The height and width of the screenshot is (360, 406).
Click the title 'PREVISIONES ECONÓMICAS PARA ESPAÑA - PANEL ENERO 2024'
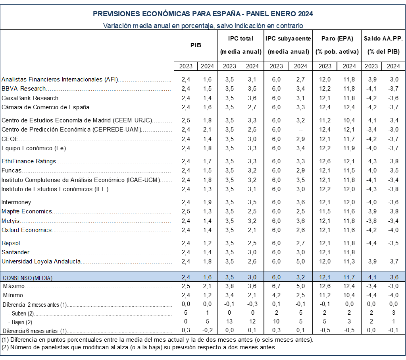coord(203,14)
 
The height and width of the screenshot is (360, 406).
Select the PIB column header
coord(196,45)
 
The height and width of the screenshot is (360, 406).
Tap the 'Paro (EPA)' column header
coord(337,39)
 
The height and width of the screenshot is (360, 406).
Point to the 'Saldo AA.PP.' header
coord(383,39)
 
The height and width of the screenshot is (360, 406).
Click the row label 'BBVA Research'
coord(24,89)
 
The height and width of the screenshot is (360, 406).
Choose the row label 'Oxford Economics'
coord(27,230)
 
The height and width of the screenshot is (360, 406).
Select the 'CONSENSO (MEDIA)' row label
coord(27,278)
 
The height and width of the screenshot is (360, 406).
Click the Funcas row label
coord(11,170)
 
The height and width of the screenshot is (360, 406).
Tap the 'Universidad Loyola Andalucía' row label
coord(41,261)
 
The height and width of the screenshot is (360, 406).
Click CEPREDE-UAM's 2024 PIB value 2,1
coord(206,130)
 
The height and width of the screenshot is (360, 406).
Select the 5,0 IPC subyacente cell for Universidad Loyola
coord(300,261)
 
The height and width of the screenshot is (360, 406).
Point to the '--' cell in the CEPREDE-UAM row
coord(300,130)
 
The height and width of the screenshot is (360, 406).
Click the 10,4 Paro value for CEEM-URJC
coord(349,120)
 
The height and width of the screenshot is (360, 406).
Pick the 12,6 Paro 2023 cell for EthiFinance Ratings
coord(325,161)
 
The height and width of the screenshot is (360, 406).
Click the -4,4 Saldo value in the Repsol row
coord(371,243)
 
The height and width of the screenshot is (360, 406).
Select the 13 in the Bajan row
coord(229,321)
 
